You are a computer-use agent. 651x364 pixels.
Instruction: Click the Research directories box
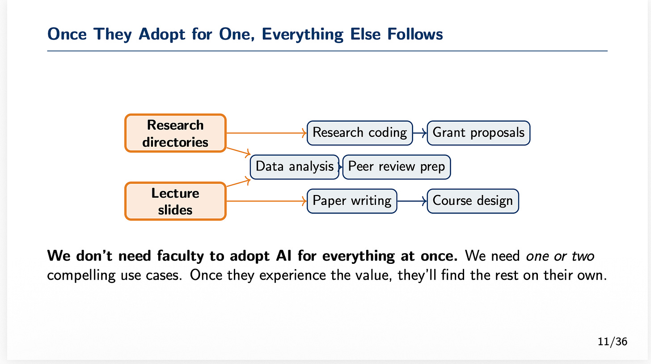click(x=175, y=133)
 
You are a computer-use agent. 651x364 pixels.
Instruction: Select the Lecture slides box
click(x=175, y=201)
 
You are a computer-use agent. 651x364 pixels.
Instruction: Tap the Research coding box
click(x=359, y=133)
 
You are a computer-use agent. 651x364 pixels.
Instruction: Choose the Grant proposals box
click(x=478, y=133)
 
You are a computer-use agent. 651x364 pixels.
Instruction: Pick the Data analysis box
click(x=295, y=167)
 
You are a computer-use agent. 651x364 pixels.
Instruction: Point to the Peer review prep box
click(x=396, y=167)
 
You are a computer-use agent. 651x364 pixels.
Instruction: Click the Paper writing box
click(x=352, y=201)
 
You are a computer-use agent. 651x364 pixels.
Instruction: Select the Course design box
click(x=473, y=201)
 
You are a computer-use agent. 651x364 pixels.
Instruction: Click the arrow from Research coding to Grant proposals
click(x=420, y=133)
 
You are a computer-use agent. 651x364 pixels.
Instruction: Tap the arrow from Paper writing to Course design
click(x=412, y=201)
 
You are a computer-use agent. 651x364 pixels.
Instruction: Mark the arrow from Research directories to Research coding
click(x=266, y=133)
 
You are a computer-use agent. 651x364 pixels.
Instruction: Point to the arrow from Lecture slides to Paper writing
click(x=266, y=201)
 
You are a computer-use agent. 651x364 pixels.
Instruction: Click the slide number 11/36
click(x=612, y=342)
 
